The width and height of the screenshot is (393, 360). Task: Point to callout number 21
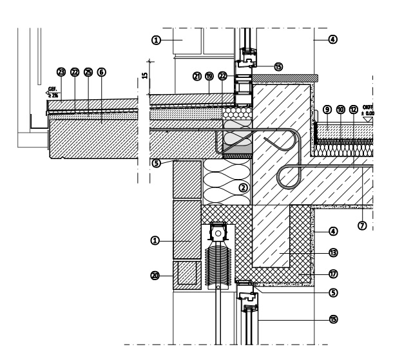tap(197, 76)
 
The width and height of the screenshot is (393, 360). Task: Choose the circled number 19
tap(209, 76)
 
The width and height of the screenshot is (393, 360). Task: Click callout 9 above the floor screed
tap(327, 109)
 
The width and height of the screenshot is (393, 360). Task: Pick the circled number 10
tap(341, 109)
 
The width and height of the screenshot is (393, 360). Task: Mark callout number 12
tap(354, 109)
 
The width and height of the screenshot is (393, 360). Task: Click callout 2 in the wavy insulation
tap(244, 188)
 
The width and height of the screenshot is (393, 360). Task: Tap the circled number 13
tap(333, 253)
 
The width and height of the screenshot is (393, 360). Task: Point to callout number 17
tap(333, 273)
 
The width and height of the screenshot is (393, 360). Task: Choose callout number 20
tap(155, 275)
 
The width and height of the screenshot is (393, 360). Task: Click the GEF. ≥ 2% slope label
tap(53, 93)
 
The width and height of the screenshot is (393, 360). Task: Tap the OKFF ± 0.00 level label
tap(369, 109)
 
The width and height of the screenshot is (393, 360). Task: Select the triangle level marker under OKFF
tap(368, 118)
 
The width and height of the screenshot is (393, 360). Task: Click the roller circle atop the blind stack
tap(219, 232)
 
